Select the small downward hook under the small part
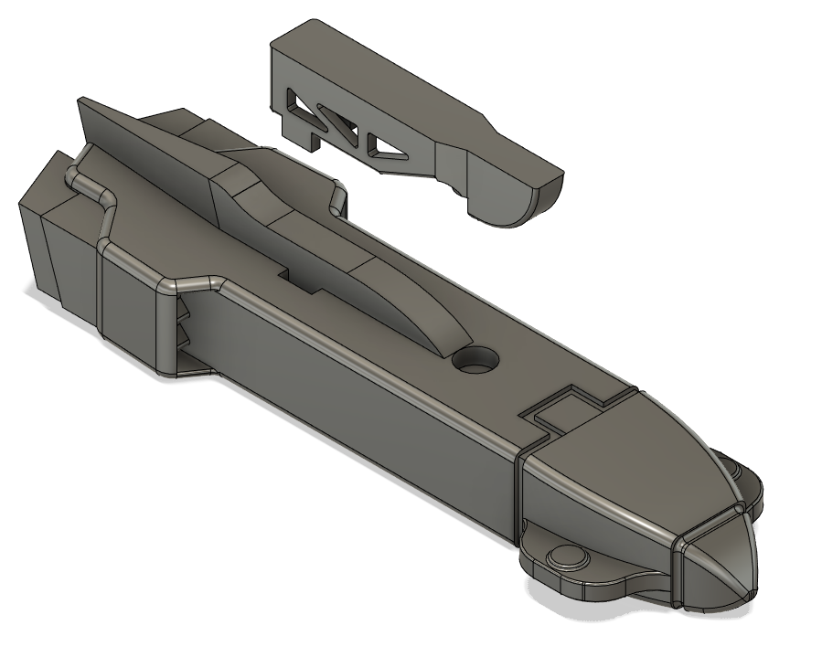point(314,142)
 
